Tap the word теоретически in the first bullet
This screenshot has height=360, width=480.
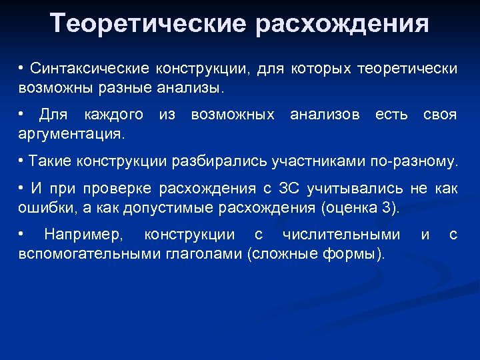(407, 69)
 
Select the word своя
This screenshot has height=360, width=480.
(440, 115)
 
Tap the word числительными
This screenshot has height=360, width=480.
(341, 235)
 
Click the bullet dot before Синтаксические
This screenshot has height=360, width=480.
(22, 69)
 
